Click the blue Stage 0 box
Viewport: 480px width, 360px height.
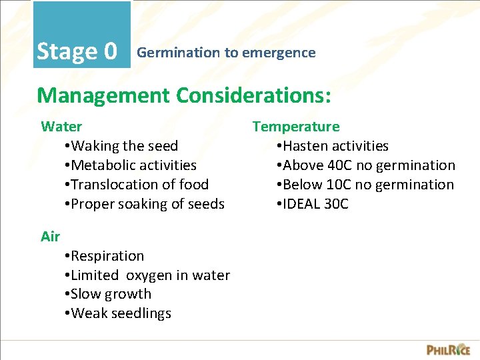pyautogui.click(x=81, y=35)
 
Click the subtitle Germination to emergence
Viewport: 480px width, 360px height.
pyautogui.click(x=226, y=53)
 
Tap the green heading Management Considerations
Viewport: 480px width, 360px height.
pyautogui.click(x=183, y=95)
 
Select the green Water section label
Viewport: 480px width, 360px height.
pyautogui.click(x=61, y=127)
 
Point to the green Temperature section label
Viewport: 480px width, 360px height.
pyautogui.click(x=295, y=127)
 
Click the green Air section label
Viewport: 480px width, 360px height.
pyautogui.click(x=50, y=236)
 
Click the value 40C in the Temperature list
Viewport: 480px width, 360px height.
pyautogui.click(x=339, y=165)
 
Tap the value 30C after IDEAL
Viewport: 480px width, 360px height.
pyautogui.click(x=336, y=204)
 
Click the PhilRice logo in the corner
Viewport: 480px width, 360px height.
pyautogui.click(x=448, y=349)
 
